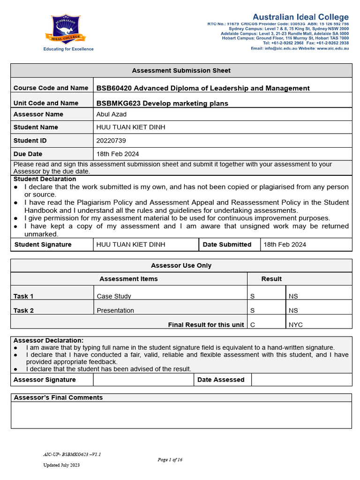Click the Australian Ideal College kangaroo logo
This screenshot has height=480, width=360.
[x=68, y=29]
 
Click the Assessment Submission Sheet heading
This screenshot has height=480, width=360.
[x=181, y=71]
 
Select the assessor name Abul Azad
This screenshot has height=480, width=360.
[x=111, y=114]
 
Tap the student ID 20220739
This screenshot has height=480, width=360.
[x=111, y=141]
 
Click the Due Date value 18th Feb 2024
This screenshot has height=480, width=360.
[x=117, y=154]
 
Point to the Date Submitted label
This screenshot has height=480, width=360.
[x=227, y=244]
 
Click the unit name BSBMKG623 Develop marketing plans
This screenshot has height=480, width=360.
[x=162, y=103]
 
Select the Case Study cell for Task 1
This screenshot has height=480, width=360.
[x=114, y=296]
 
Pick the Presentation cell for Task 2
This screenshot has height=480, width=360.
[x=115, y=310]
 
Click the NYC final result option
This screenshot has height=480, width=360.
[x=296, y=324]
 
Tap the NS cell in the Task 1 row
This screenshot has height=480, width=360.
[x=293, y=296]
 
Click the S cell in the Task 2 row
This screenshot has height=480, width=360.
[x=252, y=310]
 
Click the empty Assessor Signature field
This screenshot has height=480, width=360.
[x=143, y=380]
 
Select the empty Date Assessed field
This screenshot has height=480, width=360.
[x=301, y=380]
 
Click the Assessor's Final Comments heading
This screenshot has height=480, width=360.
[x=58, y=397]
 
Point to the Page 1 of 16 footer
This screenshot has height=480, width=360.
[x=170, y=460]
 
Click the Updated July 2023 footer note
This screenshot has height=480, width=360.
[x=61, y=465]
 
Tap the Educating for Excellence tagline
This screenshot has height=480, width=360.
[x=68, y=49]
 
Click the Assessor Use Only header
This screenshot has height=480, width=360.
[x=181, y=265]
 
